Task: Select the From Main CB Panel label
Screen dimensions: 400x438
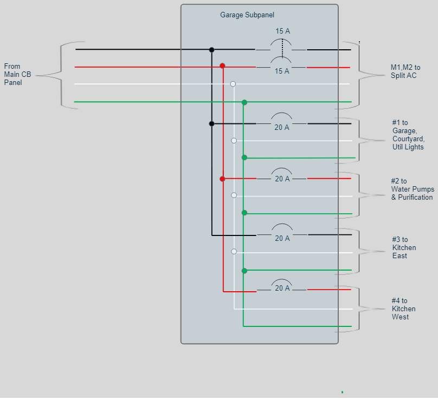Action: pos(18,74)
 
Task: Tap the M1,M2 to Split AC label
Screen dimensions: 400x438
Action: pos(405,71)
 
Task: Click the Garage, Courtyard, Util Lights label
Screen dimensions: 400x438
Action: pos(408,135)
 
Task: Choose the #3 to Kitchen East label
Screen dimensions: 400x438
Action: pos(404,247)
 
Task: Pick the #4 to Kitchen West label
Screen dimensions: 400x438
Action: pos(404,309)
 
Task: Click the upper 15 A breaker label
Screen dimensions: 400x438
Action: pos(282,31)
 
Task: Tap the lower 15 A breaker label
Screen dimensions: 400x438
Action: pos(282,71)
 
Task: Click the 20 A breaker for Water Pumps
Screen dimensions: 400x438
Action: pos(282,178)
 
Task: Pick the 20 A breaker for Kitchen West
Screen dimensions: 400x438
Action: pos(282,287)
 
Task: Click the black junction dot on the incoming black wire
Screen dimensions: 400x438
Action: pos(211,50)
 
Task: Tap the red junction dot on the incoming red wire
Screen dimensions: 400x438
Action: pos(222,65)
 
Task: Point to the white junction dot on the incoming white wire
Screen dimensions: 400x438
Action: pos(233,84)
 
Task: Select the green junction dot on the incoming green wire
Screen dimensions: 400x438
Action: pos(244,102)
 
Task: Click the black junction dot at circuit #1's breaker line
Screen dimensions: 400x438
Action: pos(211,123)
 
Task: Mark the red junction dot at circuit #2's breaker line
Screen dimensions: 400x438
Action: pos(222,179)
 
